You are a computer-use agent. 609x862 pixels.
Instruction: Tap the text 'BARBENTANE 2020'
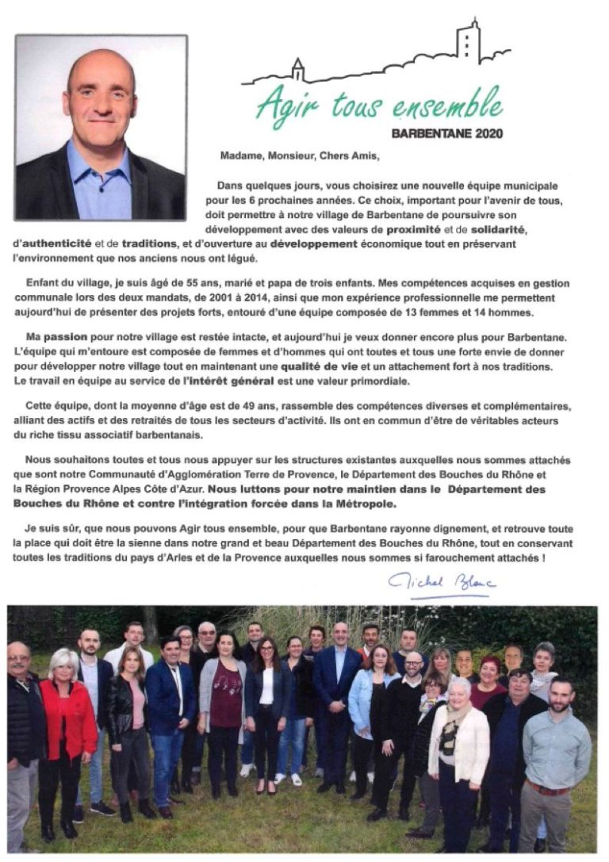(x=447, y=134)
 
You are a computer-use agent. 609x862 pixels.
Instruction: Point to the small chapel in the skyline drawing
(x=297, y=71)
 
